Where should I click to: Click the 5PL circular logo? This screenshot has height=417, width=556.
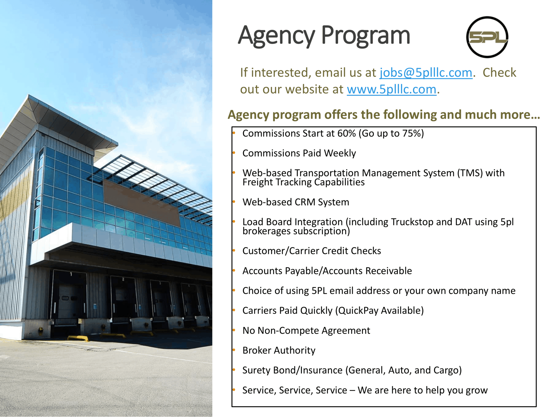pos(487,37)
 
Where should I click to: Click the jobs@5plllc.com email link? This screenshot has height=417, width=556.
pos(426,73)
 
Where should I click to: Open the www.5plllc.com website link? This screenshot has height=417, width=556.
pos(392,89)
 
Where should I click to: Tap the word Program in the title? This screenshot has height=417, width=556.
pos(366,36)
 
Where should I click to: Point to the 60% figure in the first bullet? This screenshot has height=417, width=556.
pos(346,133)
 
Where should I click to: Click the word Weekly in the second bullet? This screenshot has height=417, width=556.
pos(340,153)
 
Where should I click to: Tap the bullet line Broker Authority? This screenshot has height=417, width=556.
pos(279,350)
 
